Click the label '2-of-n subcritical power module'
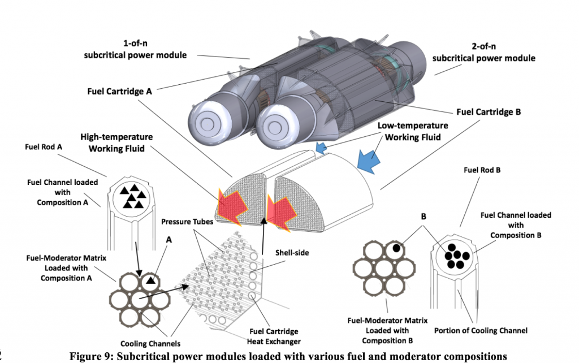483,53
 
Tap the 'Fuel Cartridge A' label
120,90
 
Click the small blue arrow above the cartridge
321,149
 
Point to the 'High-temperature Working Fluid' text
116,143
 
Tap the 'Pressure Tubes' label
188,222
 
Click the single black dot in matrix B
397,248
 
